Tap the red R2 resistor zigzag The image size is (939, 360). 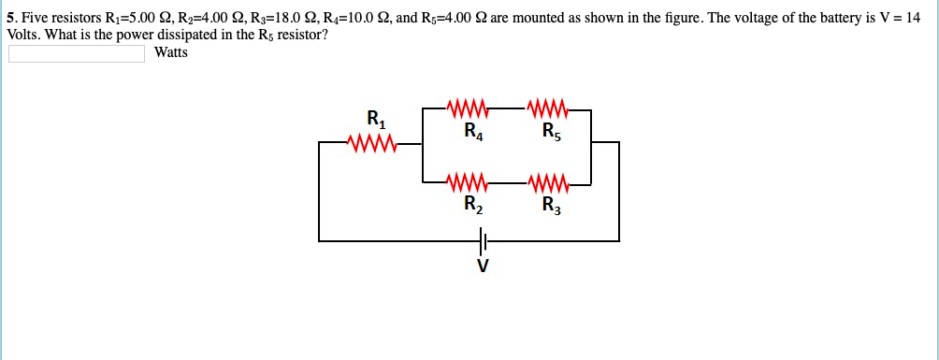tap(467, 180)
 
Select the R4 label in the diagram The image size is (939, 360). tap(473, 131)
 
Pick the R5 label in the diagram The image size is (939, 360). tap(552, 131)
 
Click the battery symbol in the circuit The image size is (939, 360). tap(482, 241)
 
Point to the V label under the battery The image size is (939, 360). tap(482, 266)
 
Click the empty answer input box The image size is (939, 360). tap(77, 53)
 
